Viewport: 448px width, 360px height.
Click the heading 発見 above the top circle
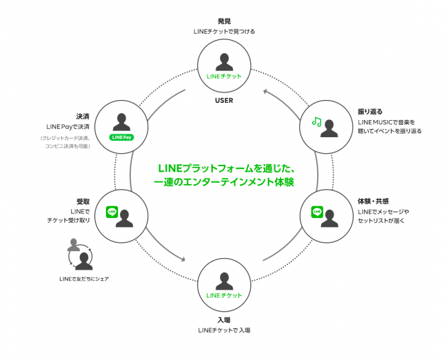(x=223, y=21)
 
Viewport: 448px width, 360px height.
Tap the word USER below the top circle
(x=223, y=100)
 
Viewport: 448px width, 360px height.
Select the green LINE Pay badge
(x=121, y=137)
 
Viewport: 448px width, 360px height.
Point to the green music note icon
(x=316, y=121)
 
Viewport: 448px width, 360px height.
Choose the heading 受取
(x=83, y=201)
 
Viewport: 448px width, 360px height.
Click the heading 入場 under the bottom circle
(x=223, y=319)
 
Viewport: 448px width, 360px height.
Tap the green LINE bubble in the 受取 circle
(x=111, y=212)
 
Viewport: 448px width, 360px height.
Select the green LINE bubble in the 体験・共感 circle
(x=317, y=212)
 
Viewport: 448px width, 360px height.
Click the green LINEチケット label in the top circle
(x=223, y=76)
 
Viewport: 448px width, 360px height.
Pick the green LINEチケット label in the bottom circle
(x=223, y=295)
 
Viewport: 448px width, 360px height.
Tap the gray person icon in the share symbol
(x=74, y=245)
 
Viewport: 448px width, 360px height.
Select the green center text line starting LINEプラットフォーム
(x=226, y=168)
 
